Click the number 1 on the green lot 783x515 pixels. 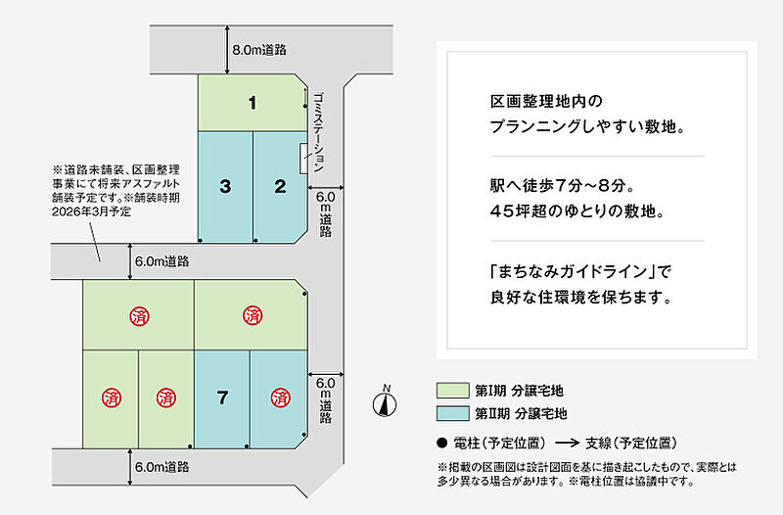(253, 103)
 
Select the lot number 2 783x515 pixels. (280, 186)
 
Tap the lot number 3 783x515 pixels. (225, 186)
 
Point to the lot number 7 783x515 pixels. (223, 398)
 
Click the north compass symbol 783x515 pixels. (385, 402)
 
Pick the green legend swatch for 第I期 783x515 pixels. (453, 391)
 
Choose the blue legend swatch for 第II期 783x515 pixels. (453, 413)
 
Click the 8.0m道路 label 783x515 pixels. (259, 50)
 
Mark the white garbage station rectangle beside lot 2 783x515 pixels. (303, 159)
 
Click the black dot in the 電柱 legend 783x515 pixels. (441, 443)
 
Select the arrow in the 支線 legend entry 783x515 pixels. (568, 444)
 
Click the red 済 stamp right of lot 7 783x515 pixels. (280, 398)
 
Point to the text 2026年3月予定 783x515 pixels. (91, 211)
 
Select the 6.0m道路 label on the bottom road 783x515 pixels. (161, 467)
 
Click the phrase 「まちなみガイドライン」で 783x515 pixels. (581, 272)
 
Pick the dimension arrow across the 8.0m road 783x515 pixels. (227, 50)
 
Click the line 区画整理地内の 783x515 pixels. (546, 102)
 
